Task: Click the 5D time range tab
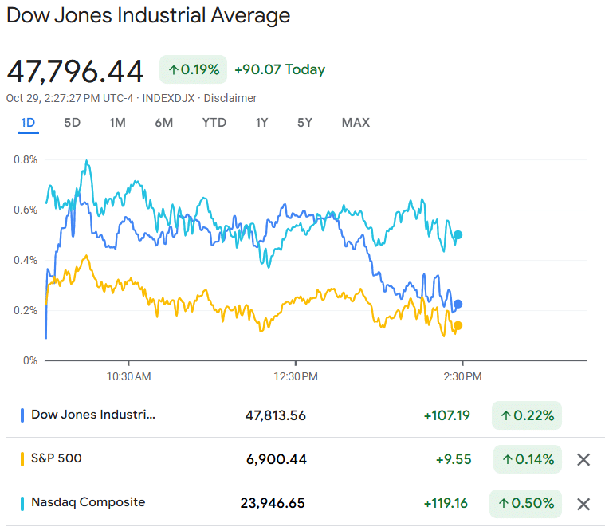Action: pos(72,123)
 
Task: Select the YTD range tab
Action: pos(214,123)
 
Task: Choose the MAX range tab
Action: pos(356,123)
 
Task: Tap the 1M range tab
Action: pos(118,123)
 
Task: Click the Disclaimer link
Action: pos(230,98)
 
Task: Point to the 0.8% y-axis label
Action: pos(26,159)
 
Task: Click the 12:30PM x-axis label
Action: pos(297,376)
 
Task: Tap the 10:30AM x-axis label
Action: pos(128,376)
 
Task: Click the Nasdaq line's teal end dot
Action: pos(458,235)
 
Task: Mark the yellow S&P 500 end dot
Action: pos(458,325)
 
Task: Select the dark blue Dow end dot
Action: pos(458,304)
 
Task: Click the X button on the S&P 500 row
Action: pos(583,459)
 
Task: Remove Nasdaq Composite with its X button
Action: pos(583,504)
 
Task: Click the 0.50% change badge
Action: pos(526,504)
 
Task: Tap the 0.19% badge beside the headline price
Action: pos(194,69)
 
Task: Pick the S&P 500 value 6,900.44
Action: pos(275,459)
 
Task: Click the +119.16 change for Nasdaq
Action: pos(446,504)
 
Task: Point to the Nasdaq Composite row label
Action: pos(88,502)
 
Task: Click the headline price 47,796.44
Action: pos(75,72)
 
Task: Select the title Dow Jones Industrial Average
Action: pos(148,15)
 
